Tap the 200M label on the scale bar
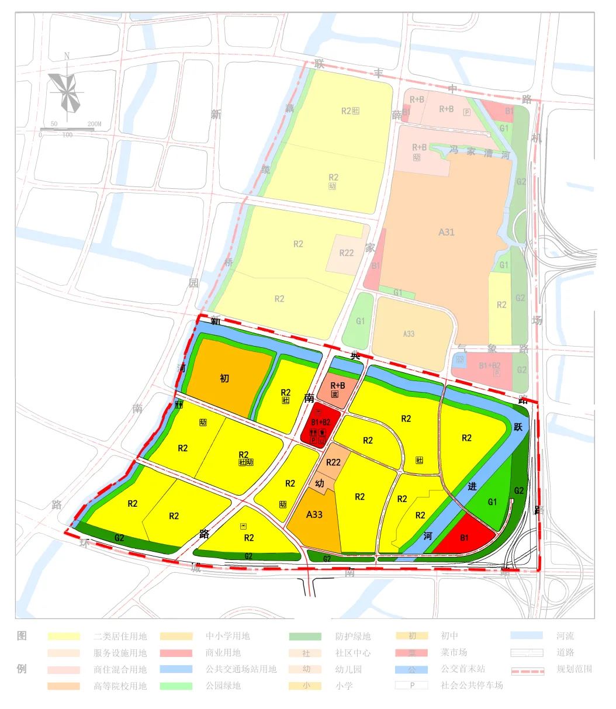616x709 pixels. click(x=94, y=124)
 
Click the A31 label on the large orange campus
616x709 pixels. click(x=447, y=232)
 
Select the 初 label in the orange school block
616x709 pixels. click(x=224, y=378)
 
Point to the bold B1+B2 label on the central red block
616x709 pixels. click(x=320, y=421)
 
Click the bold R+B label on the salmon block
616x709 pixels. click(x=338, y=386)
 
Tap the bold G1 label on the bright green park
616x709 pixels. click(x=492, y=502)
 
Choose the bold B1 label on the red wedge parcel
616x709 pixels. click(x=465, y=538)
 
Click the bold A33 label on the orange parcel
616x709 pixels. click(x=314, y=514)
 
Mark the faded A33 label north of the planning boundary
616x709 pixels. click(x=409, y=334)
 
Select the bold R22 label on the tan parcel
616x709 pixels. click(x=333, y=462)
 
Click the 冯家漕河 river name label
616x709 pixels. click(x=480, y=153)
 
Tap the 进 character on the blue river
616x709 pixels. click(x=472, y=486)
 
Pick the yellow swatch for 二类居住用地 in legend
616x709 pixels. click(x=64, y=636)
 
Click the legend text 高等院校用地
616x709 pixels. click(x=120, y=686)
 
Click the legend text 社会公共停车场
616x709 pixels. click(x=471, y=685)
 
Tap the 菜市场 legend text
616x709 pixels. click(x=454, y=652)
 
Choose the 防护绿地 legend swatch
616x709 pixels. click(x=304, y=636)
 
